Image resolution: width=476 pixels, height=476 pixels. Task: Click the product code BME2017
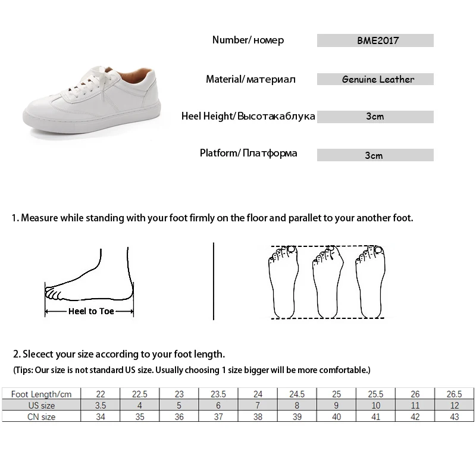375,41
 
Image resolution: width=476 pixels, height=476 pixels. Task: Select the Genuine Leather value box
375,79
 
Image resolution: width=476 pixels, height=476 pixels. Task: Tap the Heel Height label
248,116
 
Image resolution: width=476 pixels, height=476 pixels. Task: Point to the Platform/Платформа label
248,154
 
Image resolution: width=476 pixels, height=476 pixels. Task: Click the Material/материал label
250,79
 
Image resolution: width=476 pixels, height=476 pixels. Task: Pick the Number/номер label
248,40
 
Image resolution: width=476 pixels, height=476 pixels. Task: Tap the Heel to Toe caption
91,311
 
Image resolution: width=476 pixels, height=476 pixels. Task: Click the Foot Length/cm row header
41,394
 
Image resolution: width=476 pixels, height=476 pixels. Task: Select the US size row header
41,405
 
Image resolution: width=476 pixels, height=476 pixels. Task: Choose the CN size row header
41,417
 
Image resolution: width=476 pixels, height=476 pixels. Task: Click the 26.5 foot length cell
453,394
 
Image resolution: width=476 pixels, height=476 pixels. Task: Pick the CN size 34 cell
101,417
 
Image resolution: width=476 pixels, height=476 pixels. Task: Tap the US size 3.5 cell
101,405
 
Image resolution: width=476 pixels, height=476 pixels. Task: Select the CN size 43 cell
453,417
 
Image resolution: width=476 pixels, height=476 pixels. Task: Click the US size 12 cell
453,405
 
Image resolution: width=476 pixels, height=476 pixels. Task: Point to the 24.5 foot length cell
296,394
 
